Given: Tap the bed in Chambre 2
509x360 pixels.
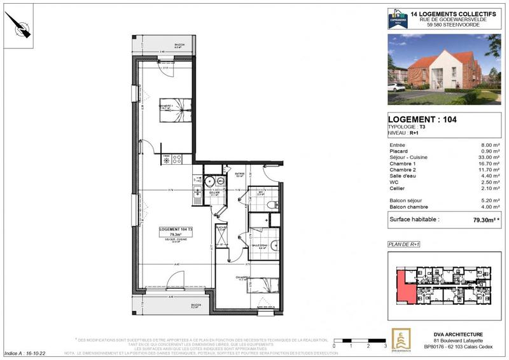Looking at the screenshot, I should coord(261,286).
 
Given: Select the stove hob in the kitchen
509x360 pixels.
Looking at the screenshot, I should coord(177,159).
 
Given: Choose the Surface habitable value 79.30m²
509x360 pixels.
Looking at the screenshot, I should coord(485,219).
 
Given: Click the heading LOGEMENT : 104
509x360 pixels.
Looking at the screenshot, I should coord(422,119).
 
